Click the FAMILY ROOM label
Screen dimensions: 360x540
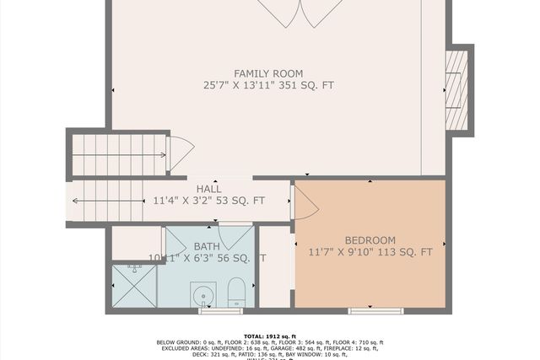point(267,73)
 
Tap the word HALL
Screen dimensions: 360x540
point(208,189)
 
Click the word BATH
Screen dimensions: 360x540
point(206,246)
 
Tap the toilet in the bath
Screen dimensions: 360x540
point(236,293)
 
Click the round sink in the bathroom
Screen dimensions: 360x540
point(202,295)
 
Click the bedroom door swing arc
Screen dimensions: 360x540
point(305,203)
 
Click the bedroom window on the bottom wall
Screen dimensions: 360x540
point(375,311)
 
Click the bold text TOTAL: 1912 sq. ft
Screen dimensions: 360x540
point(269,335)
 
